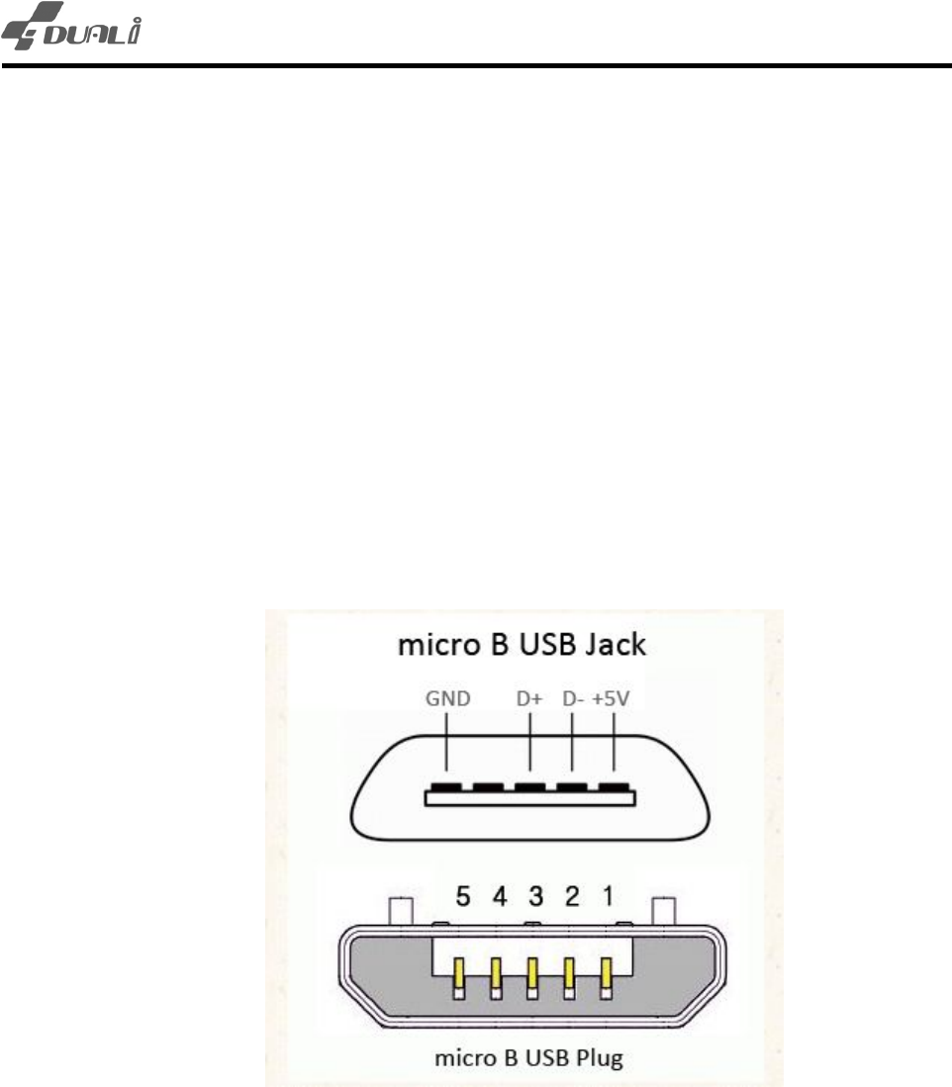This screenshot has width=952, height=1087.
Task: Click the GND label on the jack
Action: click(445, 699)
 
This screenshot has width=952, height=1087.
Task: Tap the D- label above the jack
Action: click(572, 699)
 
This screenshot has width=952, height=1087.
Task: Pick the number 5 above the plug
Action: click(461, 897)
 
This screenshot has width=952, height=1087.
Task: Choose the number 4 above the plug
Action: click(500, 897)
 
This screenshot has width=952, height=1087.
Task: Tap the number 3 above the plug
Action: click(535, 897)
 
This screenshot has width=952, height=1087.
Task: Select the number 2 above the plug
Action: click(572, 897)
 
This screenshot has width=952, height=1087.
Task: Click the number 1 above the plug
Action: click(608, 897)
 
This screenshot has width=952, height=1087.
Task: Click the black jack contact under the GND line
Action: click(446, 787)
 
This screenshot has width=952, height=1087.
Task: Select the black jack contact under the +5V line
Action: click(615, 787)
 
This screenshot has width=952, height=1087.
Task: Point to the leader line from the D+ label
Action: click(531, 742)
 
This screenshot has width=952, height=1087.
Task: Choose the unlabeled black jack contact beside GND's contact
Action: click(489, 787)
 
